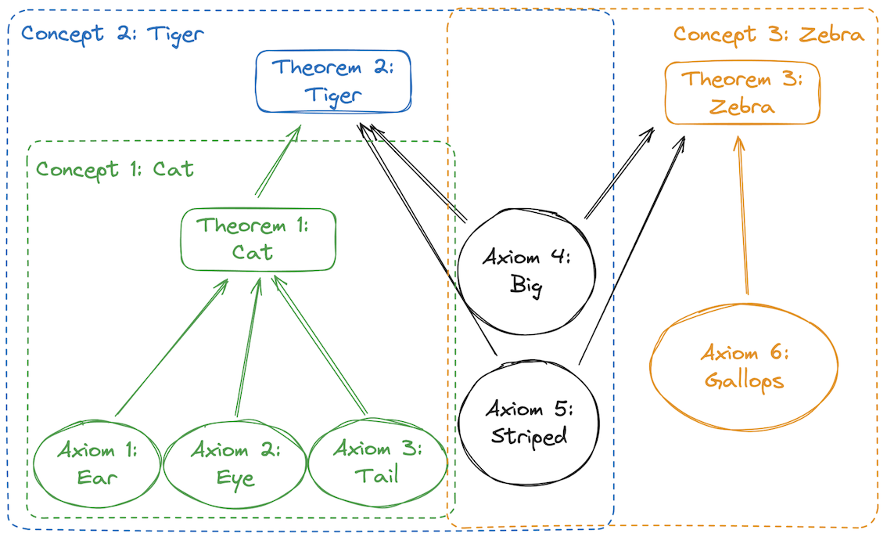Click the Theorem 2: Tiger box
coord(334,81)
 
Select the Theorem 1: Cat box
coord(257,239)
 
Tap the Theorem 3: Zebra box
coord(742,92)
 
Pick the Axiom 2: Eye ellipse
coord(236,463)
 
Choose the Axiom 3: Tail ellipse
coord(377,463)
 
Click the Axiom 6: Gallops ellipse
coord(744,367)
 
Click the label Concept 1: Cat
coord(115,169)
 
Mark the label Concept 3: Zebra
coord(768,34)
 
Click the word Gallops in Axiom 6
coord(744,380)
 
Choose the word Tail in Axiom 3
coord(377,475)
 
